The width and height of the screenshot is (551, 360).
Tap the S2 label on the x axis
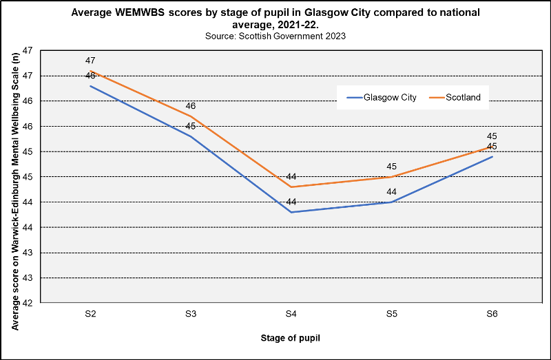point(90,314)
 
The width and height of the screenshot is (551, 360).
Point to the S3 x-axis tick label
point(191,314)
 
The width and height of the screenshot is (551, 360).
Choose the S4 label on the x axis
point(291,314)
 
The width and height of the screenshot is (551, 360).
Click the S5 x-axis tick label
point(392,314)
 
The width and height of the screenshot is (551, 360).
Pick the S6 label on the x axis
point(492,314)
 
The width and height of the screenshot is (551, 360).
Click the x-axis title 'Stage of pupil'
point(291,338)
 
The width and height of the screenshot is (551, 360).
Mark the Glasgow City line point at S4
point(291,212)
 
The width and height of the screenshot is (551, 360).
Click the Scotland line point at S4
point(291,187)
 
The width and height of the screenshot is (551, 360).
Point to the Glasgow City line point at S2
point(90,86)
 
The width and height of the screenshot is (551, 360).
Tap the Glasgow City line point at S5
point(392,202)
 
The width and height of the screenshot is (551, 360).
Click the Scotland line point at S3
point(191,116)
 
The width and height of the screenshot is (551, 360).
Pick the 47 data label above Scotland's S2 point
point(90,61)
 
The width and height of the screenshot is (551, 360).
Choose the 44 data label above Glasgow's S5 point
point(392,192)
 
